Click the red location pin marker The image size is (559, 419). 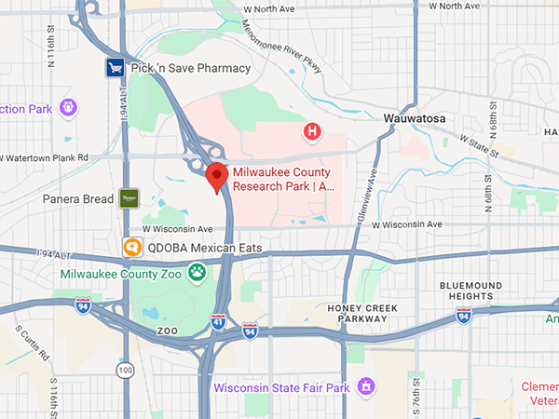(x=217, y=176)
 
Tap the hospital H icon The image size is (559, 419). (x=313, y=133)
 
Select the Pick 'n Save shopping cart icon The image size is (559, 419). (x=115, y=68)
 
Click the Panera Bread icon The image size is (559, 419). (x=129, y=198)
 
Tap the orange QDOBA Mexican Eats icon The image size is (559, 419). (x=133, y=248)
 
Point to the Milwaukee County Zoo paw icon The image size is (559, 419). (x=197, y=273)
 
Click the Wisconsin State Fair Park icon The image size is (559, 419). (x=368, y=386)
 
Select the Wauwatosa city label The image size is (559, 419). (x=416, y=119)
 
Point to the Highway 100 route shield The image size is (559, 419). (x=124, y=371)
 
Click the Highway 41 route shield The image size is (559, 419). (x=218, y=322)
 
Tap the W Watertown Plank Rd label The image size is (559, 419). (x=44, y=157)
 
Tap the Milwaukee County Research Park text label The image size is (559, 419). (x=282, y=180)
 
